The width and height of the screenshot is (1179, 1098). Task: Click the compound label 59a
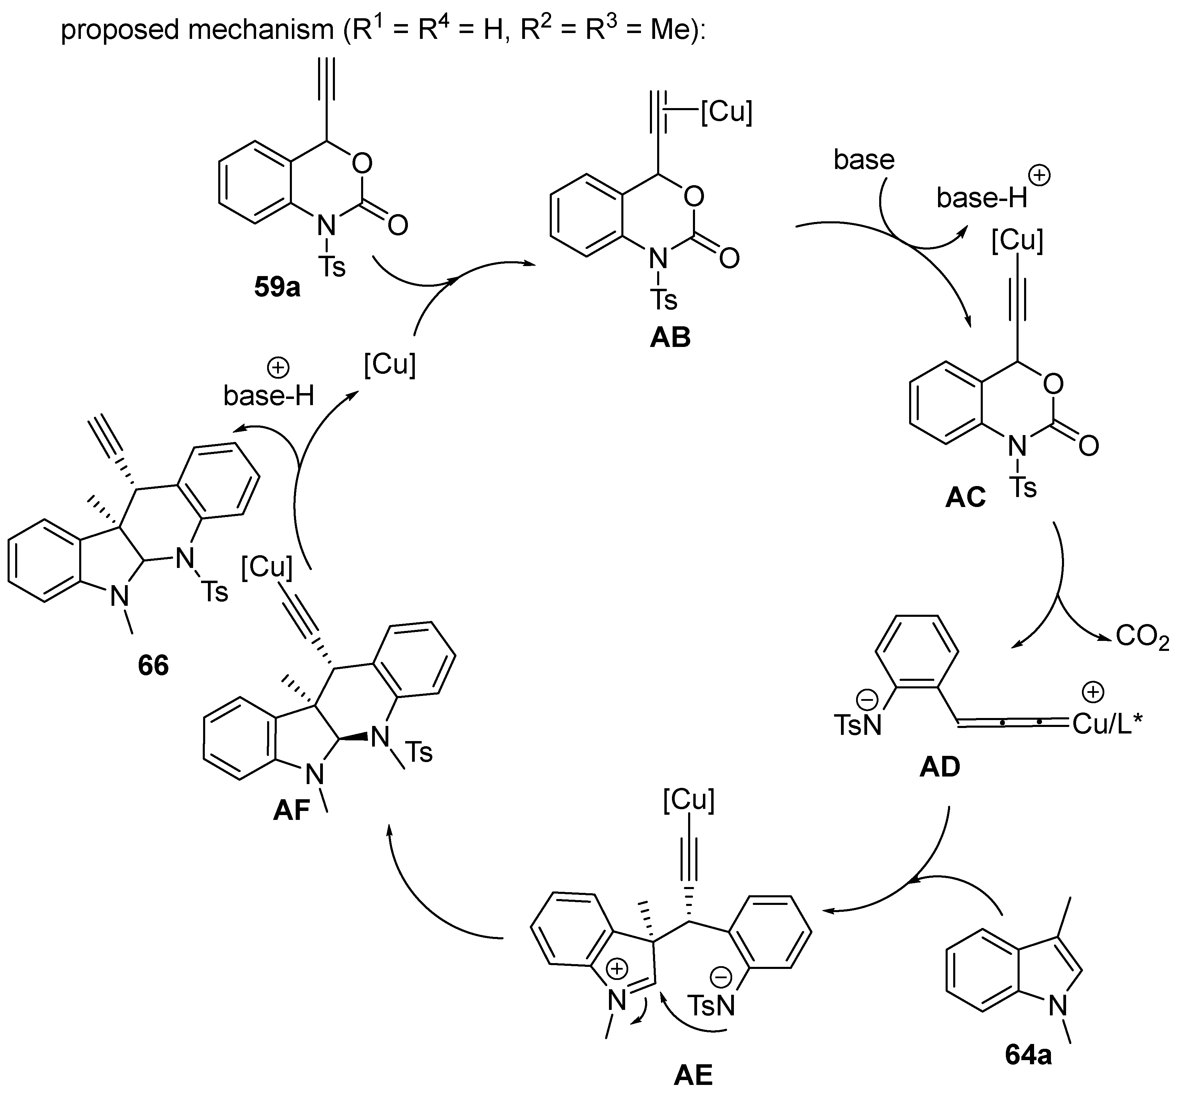click(277, 287)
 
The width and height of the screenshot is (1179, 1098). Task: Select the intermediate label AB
click(670, 337)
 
